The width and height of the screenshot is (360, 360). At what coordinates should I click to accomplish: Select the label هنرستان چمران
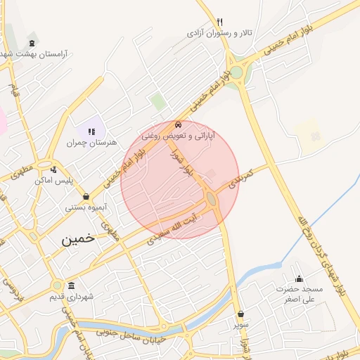(x=89, y=143)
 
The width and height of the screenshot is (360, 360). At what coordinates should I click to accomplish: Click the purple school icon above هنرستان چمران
(x=91, y=131)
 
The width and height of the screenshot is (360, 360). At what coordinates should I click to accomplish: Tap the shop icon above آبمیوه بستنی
(x=86, y=196)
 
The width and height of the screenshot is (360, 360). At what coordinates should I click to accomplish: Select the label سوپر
(x=241, y=326)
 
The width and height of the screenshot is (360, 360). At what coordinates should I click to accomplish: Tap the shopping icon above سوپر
(x=241, y=314)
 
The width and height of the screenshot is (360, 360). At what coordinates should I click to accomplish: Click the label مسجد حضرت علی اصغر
(x=299, y=294)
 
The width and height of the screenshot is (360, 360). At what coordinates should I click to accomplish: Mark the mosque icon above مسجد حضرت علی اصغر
(x=299, y=278)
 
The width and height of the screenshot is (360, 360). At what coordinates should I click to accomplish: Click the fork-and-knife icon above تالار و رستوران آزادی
(x=220, y=22)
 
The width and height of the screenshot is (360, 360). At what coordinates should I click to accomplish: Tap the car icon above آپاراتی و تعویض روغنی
(x=177, y=124)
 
